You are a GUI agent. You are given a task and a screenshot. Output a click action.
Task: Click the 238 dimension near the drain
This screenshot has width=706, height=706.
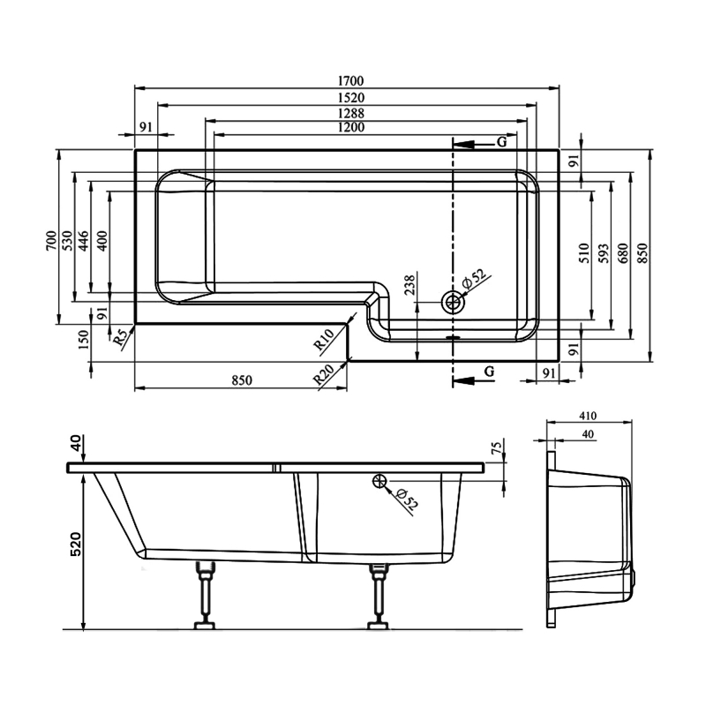[x=409, y=284]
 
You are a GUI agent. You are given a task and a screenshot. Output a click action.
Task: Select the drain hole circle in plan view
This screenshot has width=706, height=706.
[x=454, y=303]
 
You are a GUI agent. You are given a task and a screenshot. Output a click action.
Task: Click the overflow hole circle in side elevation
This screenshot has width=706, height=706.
[x=380, y=481]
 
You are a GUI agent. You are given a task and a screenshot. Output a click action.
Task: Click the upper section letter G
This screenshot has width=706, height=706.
[x=501, y=142]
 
